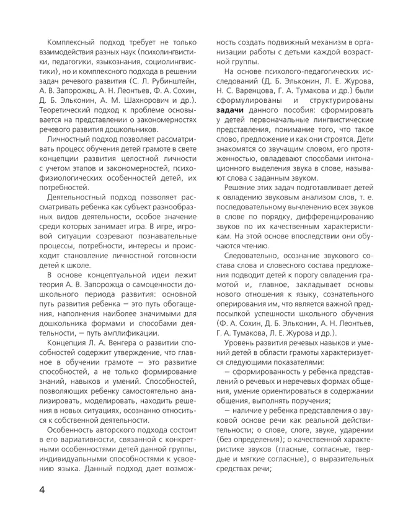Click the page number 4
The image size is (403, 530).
pyautogui.click(x=42, y=490)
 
